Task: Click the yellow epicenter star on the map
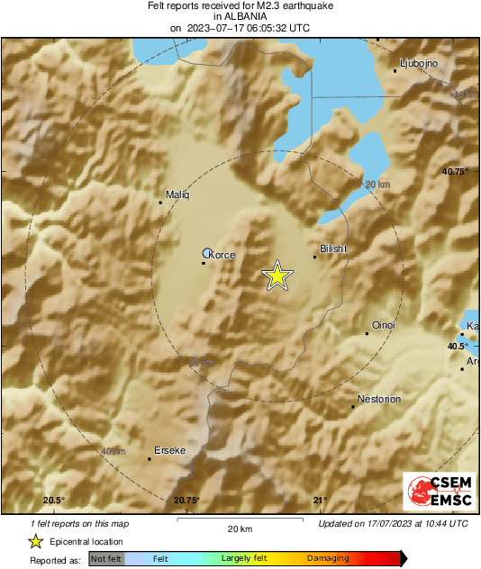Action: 277,276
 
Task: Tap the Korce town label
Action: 222,256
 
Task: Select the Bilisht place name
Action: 334,249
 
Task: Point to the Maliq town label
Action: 178,194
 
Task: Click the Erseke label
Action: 169,450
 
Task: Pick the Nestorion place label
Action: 379,399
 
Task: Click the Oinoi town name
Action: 384,325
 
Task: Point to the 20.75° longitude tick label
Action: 186,501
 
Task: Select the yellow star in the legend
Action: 35,541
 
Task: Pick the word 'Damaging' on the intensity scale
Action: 328,559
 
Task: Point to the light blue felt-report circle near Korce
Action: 208,254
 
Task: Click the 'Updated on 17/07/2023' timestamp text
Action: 394,523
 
